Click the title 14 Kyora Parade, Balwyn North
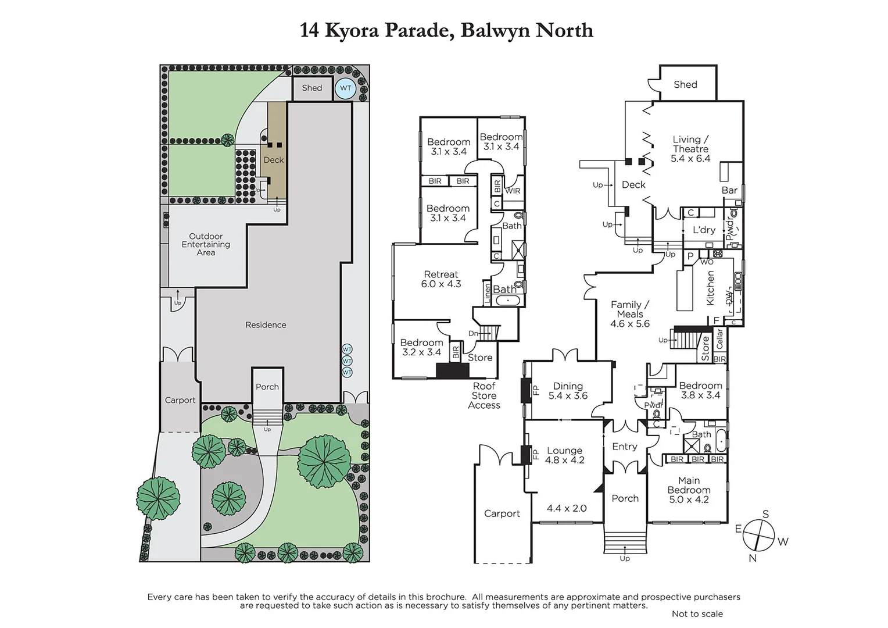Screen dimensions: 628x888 (446, 30)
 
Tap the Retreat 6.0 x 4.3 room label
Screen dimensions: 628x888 (441, 279)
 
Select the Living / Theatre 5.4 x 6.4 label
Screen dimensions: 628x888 (690, 149)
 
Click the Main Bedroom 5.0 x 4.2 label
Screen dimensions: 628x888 (689, 490)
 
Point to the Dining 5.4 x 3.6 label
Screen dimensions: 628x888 (568, 391)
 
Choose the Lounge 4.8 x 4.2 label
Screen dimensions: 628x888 (564, 455)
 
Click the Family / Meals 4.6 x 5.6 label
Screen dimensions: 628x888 (630, 314)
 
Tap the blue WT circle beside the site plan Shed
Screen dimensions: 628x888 (346, 88)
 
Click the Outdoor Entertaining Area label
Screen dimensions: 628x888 (206, 244)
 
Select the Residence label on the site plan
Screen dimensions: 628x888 (266, 325)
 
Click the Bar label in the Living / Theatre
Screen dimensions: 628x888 (729, 190)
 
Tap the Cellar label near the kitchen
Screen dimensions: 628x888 (719, 339)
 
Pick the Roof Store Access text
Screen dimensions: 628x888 (484, 395)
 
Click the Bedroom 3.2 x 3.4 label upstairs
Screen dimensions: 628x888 (421, 347)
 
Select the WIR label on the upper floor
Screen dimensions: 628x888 (513, 191)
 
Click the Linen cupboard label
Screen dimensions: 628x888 (487, 294)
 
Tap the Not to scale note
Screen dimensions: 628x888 (697, 613)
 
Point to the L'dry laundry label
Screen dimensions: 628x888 (704, 230)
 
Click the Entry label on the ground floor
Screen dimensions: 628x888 (625, 447)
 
